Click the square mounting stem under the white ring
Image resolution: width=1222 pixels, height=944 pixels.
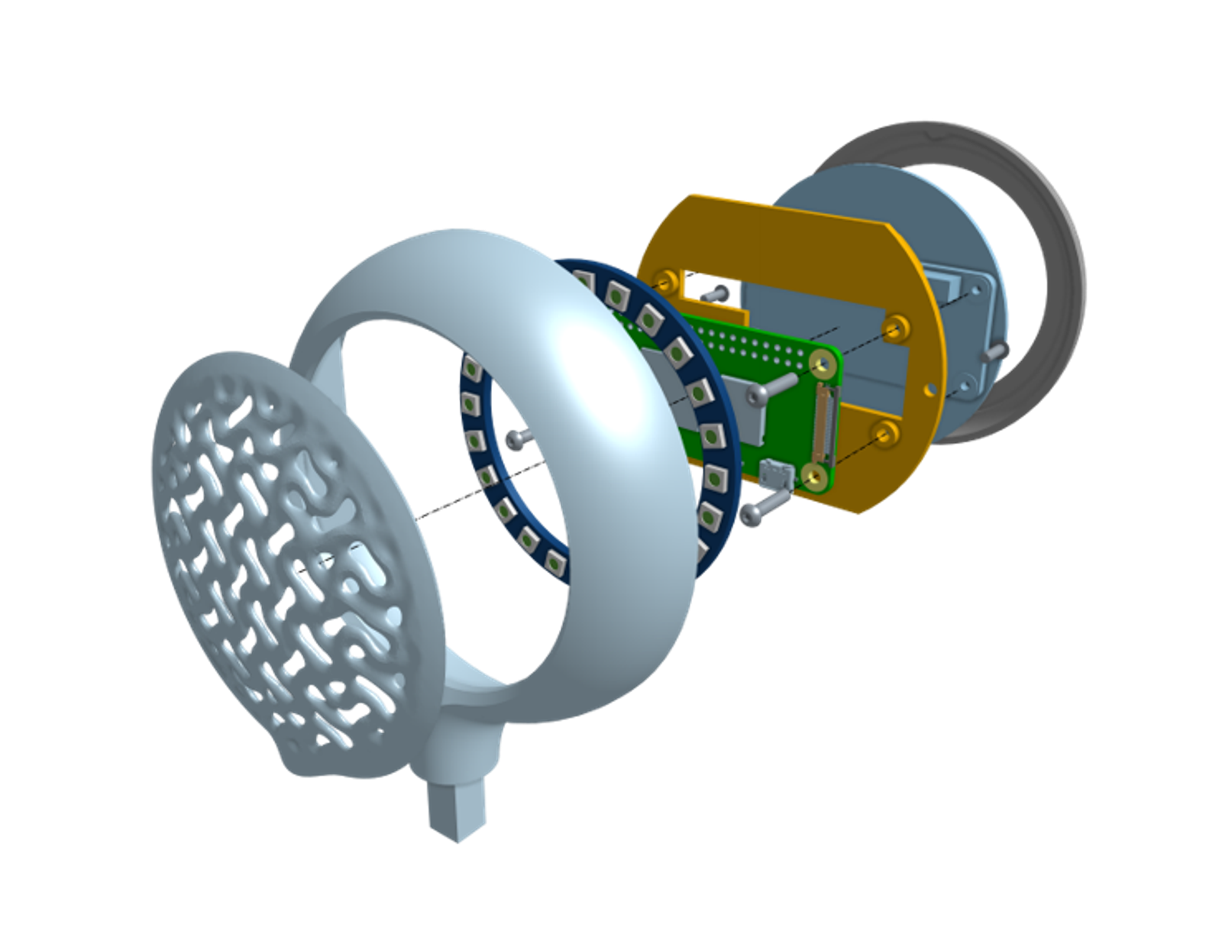(x=457, y=810)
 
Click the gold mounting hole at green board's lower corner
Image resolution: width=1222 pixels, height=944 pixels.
(x=814, y=477)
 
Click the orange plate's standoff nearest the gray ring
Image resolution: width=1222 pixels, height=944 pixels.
(x=897, y=328)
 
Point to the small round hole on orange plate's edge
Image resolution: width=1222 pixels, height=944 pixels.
(x=929, y=390)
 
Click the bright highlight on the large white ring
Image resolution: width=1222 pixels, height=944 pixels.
(x=588, y=344)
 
